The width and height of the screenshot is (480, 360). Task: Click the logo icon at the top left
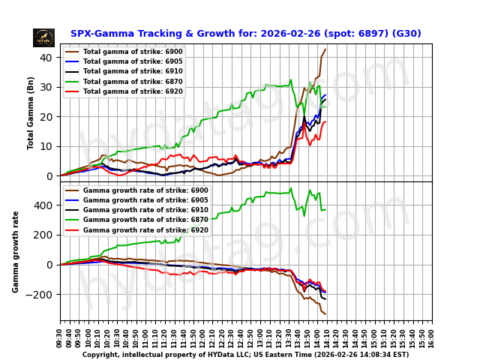coord(43,37)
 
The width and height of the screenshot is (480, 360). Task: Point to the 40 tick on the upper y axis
coord(46,58)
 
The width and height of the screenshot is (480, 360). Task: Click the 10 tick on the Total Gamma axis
coord(46,146)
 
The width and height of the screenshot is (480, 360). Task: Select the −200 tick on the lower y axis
coord(40,295)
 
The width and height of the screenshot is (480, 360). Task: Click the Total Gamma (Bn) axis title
coord(31,112)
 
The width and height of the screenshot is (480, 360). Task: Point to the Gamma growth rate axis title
coord(16,251)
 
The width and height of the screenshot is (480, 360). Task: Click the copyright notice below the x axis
coord(245,355)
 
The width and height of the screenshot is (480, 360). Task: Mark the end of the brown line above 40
coord(325,49)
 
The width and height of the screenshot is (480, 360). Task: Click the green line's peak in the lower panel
coord(291,188)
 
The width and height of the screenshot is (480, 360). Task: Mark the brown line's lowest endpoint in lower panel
coord(325,313)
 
